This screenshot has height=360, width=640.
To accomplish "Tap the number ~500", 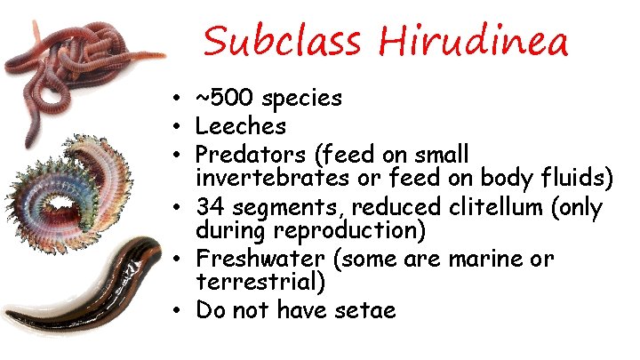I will [232, 98].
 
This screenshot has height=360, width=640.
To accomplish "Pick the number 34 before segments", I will [210, 207].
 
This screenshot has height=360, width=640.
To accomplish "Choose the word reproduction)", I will [351, 233].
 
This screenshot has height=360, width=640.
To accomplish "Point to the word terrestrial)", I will [260, 284].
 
